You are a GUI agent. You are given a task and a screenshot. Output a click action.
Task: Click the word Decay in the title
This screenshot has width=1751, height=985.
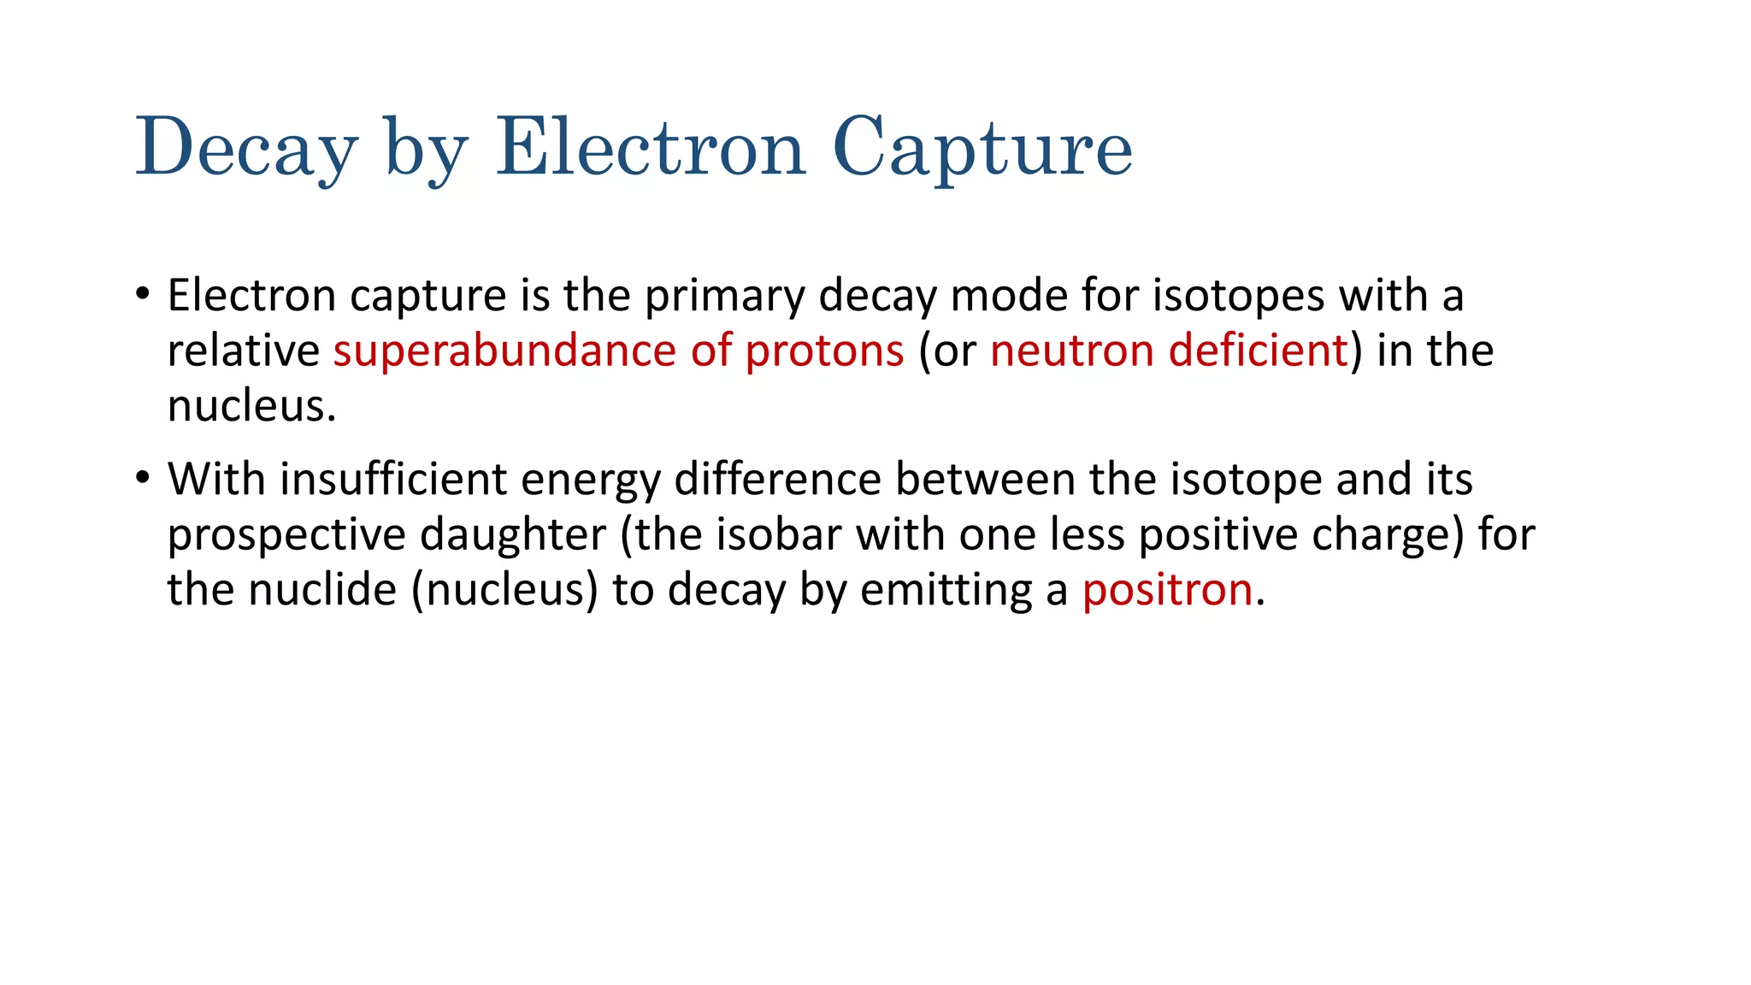246,149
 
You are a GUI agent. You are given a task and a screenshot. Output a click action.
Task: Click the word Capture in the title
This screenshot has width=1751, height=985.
982,149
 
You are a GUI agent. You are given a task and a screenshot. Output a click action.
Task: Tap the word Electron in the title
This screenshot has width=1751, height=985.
651,149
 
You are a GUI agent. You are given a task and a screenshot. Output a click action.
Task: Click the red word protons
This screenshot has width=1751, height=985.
824,351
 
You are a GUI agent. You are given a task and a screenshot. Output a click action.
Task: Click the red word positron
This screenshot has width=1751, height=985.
1167,590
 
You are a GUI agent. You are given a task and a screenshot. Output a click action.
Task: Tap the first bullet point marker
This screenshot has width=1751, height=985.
143,295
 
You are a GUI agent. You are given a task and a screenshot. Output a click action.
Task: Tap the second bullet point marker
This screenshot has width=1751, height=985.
143,479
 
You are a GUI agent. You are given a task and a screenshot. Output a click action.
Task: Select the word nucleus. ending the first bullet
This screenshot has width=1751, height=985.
251,406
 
